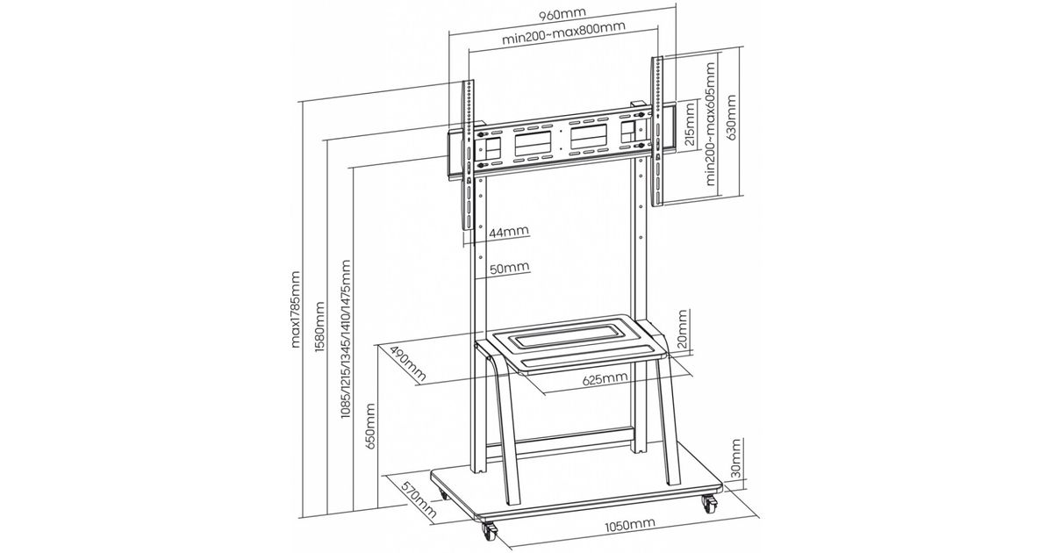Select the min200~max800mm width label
pyautogui.click(x=563, y=39)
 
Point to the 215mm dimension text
pyautogui.click(x=690, y=125)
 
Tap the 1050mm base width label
pyautogui.click(x=629, y=526)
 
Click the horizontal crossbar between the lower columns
pyautogui.click(x=575, y=434)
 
